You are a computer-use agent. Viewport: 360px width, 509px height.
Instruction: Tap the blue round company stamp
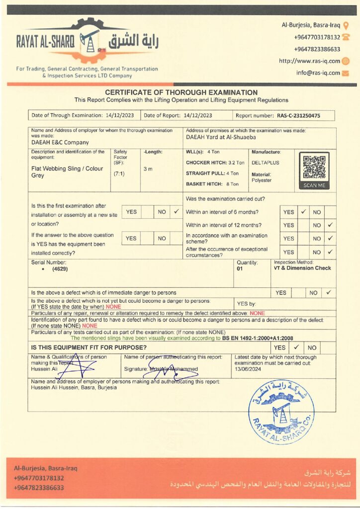point(281,412)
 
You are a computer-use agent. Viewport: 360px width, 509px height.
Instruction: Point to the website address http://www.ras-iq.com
point(309,61)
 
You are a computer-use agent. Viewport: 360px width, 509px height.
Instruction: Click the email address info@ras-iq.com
point(318,73)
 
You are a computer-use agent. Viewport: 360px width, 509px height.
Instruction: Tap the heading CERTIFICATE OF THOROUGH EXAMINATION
point(181,92)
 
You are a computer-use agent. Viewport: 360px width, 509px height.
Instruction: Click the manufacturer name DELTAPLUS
point(263,162)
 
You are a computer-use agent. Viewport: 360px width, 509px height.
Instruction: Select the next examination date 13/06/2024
point(248,369)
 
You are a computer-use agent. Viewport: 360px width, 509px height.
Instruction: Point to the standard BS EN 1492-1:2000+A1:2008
point(254,338)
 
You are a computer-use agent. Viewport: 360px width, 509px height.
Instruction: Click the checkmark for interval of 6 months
point(303,212)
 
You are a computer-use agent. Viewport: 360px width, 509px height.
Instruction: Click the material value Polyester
point(262,180)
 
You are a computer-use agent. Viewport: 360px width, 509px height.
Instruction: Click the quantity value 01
point(240,269)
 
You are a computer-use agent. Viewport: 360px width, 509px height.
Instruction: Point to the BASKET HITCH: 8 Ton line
point(212,184)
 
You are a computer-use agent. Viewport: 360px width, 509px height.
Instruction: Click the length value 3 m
point(148,169)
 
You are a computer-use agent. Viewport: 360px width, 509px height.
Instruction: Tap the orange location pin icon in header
point(346,25)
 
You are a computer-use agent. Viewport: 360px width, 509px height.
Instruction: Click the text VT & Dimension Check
point(302,268)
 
